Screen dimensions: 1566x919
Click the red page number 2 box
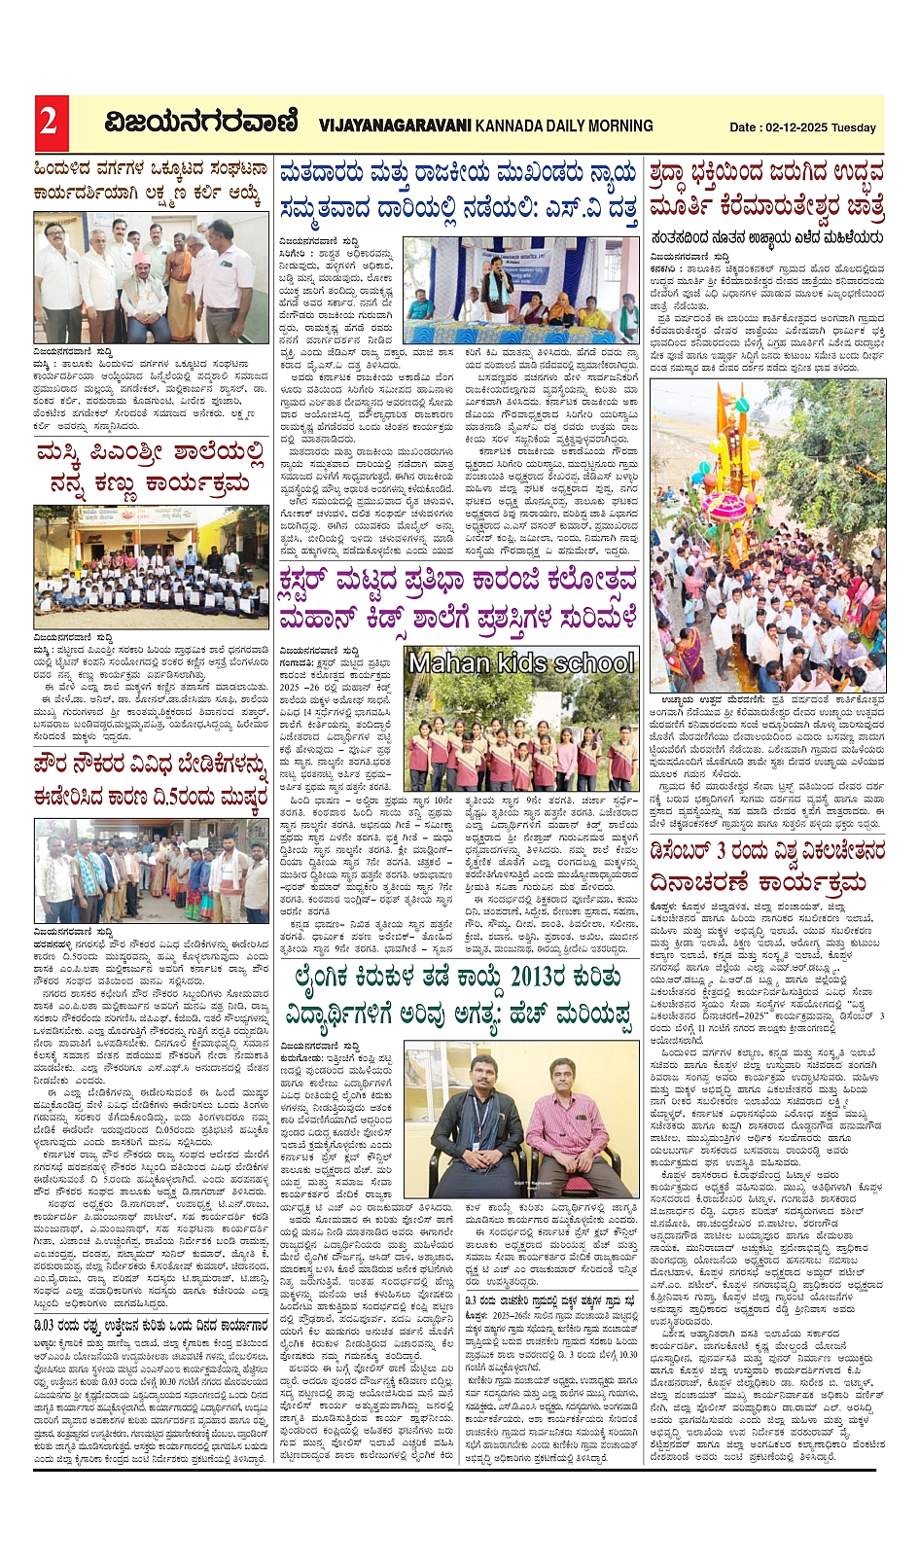(x=48, y=123)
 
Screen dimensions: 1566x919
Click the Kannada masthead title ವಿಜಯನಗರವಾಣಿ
(x=201, y=124)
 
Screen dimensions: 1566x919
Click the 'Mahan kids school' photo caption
(x=521, y=663)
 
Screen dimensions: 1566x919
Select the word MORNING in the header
(x=620, y=126)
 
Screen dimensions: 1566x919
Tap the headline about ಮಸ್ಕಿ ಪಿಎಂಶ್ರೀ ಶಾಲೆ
(x=150, y=469)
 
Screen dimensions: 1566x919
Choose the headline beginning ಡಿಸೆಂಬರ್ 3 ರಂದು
(x=767, y=867)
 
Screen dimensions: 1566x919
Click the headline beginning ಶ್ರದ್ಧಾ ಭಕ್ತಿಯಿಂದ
(x=767, y=191)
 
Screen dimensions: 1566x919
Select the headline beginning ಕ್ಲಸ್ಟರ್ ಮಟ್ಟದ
(x=457, y=600)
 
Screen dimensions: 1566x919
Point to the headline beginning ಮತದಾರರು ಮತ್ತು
(x=457, y=191)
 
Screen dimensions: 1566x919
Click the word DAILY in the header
(x=562, y=126)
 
